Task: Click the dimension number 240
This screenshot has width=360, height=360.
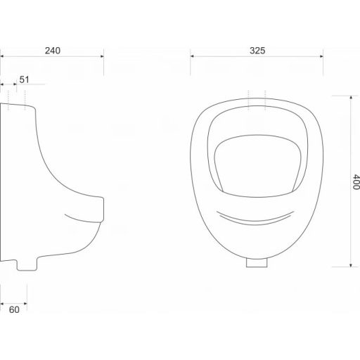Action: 52,50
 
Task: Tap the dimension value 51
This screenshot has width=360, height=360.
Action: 24,79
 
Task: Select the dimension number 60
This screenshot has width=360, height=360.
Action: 13,308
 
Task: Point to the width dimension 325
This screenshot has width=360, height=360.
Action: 256,50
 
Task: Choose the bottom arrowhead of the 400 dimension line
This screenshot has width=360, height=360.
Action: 349,266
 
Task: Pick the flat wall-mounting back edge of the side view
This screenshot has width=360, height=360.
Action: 3,183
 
